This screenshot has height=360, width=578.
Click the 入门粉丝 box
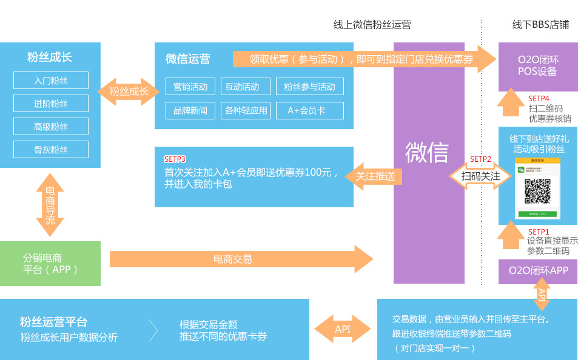[x=51, y=81]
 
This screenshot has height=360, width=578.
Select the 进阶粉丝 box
[x=51, y=104]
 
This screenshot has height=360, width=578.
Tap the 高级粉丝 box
[x=51, y=127]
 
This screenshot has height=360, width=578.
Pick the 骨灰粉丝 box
[x=51, y=150]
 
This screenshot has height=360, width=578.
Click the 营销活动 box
[x=190, y=87]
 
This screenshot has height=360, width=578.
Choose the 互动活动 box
[x=241, y=87]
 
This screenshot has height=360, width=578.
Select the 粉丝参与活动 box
[x=309, y=87]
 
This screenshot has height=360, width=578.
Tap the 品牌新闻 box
[x=190, y=110]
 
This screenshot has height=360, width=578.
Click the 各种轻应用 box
[x=246, y=110]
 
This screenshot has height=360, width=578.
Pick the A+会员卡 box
[x=309, y=110]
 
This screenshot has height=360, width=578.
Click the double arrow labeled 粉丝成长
[x=128, y=92]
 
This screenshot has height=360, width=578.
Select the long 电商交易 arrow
[x=241, y=259]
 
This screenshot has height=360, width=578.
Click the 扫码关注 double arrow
[x=480, y=176]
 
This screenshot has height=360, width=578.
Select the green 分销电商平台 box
[x=50, y=264]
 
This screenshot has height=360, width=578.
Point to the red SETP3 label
[x=175, y=159]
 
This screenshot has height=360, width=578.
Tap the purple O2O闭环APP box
[x=538, y=270]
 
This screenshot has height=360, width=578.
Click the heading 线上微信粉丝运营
[x=372, y=25]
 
